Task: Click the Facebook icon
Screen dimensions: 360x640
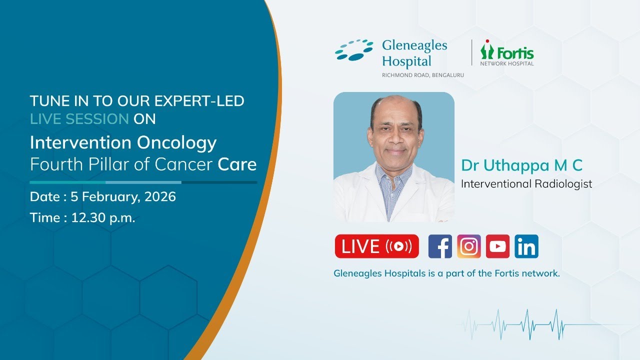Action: (440, 246)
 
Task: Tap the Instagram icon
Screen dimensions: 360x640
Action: (469, 246)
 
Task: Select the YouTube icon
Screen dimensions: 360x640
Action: (497, 246)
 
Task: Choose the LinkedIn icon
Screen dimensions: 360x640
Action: (526, 246)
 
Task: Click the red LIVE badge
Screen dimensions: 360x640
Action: (376, 246)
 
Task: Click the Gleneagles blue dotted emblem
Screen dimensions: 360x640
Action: (354, 50)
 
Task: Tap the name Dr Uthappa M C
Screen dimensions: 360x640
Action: (522, 165)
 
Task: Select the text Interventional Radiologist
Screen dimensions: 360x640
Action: (526, 184)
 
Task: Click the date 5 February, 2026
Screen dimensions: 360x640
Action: (123, 196)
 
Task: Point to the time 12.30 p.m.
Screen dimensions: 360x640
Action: (103, 217)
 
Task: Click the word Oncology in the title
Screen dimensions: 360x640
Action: (176, 143)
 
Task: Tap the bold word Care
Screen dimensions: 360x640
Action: (237, 164)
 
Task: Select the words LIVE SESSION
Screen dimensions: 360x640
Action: (79, 119)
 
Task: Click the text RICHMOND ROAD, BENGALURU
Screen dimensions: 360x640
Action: (422, 75)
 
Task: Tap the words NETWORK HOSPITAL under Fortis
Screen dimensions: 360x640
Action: (507, 63)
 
